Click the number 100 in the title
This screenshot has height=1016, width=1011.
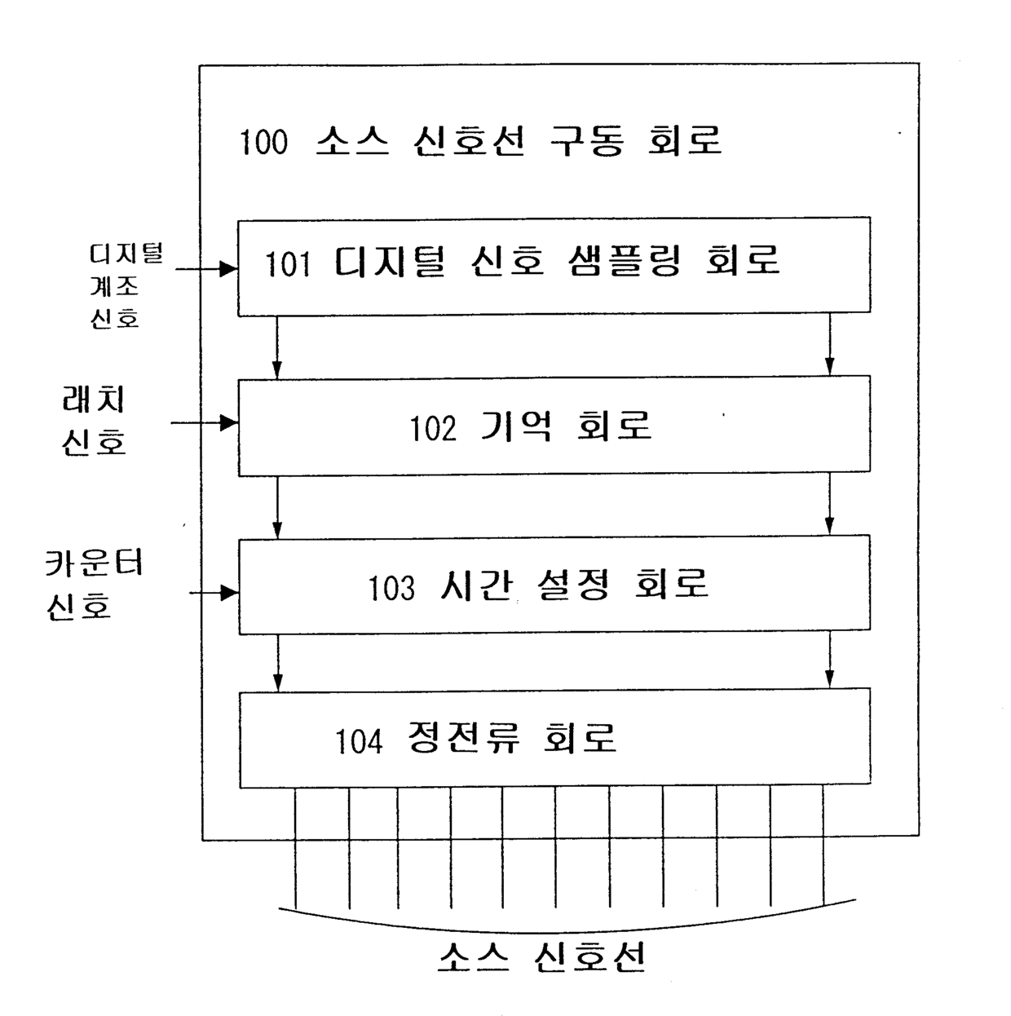263,142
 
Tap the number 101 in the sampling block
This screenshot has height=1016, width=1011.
288,264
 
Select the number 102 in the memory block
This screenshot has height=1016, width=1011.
433,428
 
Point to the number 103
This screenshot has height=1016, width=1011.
391,588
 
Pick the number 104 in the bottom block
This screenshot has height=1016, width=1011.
359,742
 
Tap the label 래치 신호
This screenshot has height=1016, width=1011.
95,421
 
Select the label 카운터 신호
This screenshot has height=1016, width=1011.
94,584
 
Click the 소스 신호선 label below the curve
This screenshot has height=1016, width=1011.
542,956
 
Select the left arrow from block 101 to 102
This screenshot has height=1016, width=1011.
277,347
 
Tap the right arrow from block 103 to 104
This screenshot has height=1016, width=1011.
830,661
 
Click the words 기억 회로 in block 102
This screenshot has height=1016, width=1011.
567,426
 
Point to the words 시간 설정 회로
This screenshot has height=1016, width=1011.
574,585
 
